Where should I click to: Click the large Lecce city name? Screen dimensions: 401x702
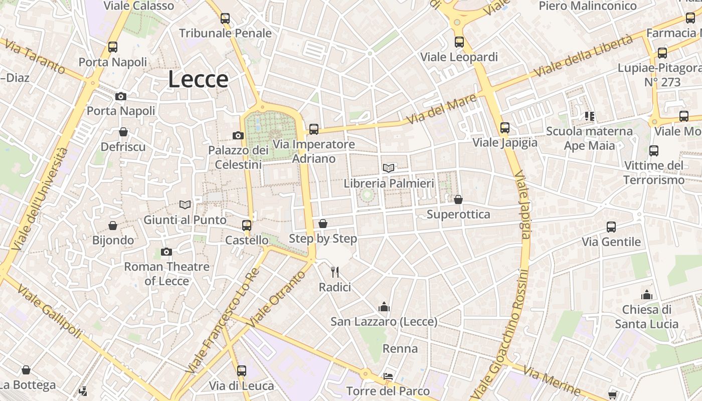[x=198, y=79]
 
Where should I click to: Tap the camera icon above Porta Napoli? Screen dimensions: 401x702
[x=121, y=96]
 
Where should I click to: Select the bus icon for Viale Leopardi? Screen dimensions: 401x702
[x=459, y=42]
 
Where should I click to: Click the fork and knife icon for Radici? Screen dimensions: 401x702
[x=335, y=272]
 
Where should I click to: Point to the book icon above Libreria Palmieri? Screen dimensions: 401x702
[x=389, y=168]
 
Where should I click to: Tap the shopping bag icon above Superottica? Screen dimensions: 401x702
[x=458, y=199]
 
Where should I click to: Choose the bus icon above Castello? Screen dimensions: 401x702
[x=246, y=225]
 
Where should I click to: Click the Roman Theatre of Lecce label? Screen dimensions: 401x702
[x=166, y=274]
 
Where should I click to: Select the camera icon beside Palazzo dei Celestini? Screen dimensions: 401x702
[x=238, y=135]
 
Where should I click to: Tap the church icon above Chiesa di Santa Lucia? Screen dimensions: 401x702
[x=647, y=294]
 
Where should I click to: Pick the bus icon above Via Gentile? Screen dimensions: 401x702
[x=611, y=227]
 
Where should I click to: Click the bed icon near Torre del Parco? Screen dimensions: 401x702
[x=388, y=376]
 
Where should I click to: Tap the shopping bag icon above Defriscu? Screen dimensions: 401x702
[x=123, y=132]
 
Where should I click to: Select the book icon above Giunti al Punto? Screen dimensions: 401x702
[x=185, y=205]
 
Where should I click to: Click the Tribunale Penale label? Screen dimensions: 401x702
[x=225, y=33]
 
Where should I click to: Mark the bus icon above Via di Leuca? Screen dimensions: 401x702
[x=242, y=371]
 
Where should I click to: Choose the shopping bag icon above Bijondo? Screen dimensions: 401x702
[x=113, y=226]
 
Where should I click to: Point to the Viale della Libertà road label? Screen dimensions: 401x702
[x=583, y=56]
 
